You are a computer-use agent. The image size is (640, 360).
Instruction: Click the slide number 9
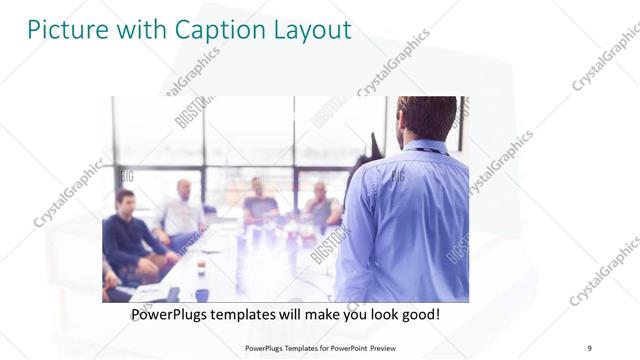tap(589, 347)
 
